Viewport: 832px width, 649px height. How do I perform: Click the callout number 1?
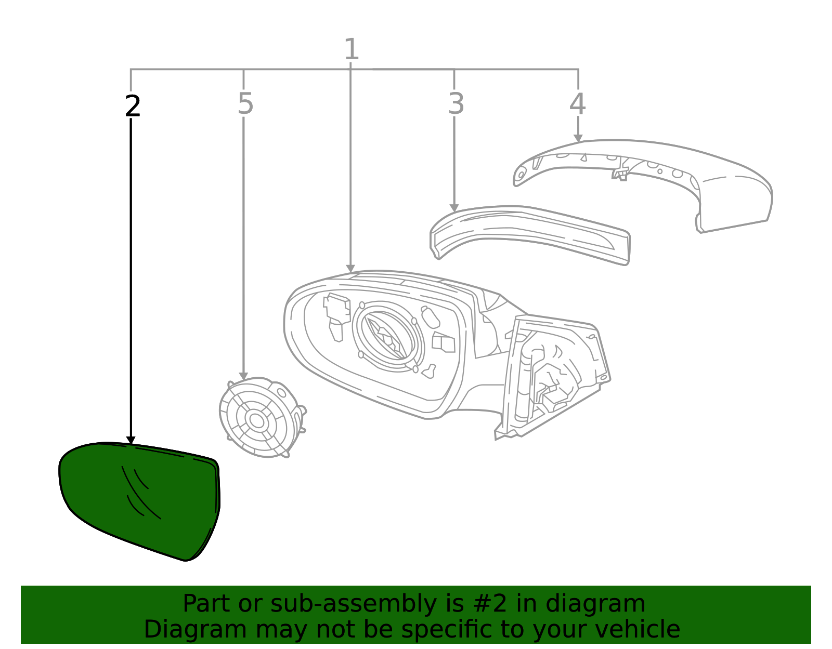[352, 50]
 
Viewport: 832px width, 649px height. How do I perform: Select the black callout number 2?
[133, 107]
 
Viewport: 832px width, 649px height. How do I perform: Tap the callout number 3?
[456, 104]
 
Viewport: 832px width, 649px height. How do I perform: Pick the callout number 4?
[577, 104]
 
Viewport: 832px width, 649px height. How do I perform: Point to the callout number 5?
[245, 104]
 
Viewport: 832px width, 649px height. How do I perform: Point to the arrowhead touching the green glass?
[131, 441]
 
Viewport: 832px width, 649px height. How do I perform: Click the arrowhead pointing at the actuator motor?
[243, 376]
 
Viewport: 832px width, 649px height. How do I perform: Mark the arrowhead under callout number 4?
[578, 138]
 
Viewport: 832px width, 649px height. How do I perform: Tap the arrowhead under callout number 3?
[454, 208]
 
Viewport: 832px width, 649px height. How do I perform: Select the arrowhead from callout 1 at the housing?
[350, 269]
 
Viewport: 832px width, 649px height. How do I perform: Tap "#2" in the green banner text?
[489, 604]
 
